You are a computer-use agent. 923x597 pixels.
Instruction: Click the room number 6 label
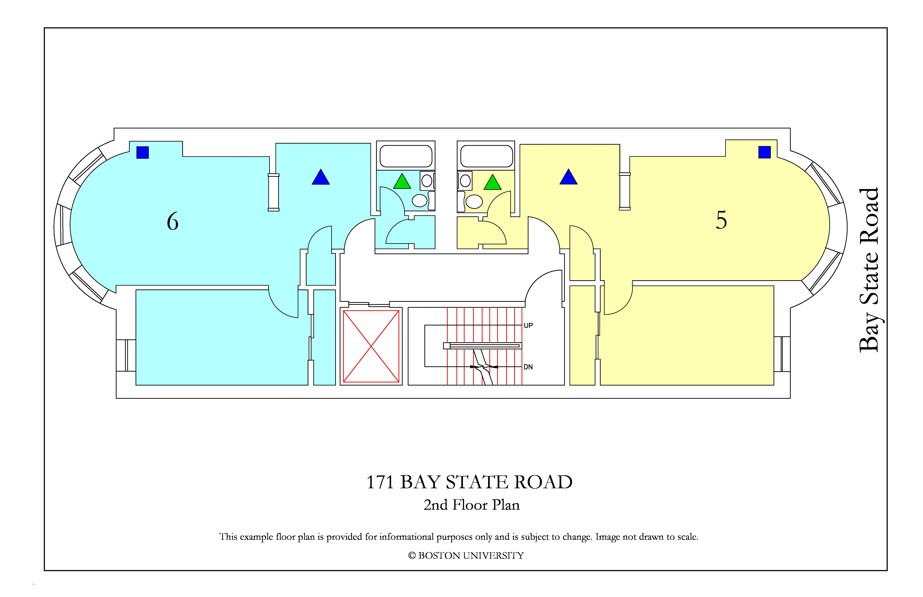(x=173, y=221)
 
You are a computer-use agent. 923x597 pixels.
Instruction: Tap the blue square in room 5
(x=764, y=152)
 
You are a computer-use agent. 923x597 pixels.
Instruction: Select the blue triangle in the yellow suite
(x=568, y=177)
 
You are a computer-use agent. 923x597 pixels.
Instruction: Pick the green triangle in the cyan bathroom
(x=402, y=181)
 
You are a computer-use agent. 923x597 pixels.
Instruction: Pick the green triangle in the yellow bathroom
(x=492, y=182)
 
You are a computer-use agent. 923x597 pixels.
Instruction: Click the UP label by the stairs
(x=528, y=326)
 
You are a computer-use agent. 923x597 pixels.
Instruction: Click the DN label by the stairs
(x=528, y=367)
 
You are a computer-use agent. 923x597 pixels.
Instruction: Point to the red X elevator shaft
(x=371, y=346)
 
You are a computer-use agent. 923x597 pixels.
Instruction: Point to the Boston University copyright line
(x=466, y=556)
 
